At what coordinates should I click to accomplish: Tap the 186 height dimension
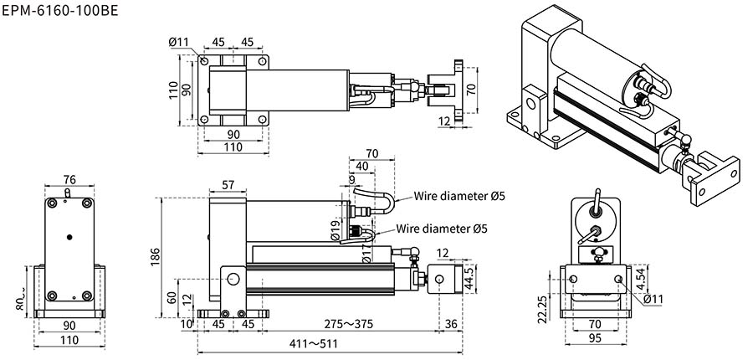pyautogui.click(x=156, y=256)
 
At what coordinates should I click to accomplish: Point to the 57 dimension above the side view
pyautogui.click(x=228, y=184)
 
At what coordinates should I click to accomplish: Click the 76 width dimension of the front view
pyautogui.click(x=69, y=179)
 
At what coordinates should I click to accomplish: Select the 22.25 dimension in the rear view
pyautogui.click(x=541, y=308)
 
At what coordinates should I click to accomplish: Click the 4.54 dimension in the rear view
pyautogui.click(x=640, y=279)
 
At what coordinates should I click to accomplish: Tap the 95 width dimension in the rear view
pyautogui.click(x=595, y=337)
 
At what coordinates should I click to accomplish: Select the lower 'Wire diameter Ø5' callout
pyautogui.click(x=442, y=228)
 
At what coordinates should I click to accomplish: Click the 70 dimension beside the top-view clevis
pyautogui.click(x=470, y=87)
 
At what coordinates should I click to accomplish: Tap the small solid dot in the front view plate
pyautogui.click(x=69, y=236)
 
